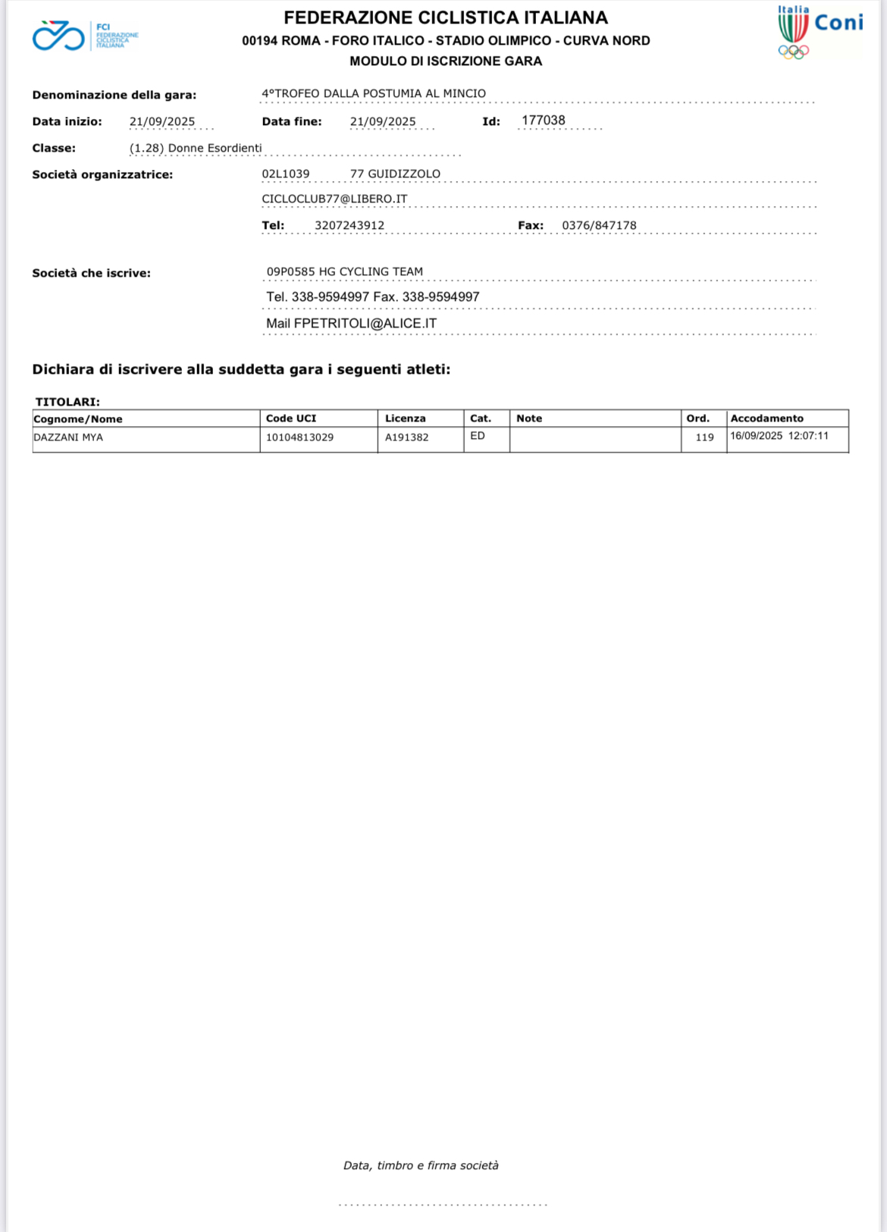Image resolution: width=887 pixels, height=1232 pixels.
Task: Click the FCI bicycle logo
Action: coord(59,36)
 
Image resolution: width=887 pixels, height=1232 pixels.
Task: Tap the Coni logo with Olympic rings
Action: coord(819,32)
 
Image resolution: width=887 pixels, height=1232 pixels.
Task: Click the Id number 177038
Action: coord(543,121)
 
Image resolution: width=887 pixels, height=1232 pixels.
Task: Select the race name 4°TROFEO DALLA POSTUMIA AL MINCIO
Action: coord(374,93)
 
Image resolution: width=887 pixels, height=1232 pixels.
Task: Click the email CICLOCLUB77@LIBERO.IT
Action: coord(334,199)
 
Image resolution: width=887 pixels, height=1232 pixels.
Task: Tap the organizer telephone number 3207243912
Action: coord(349,225)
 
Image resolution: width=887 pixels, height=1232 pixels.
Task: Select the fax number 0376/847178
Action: coord(599,225)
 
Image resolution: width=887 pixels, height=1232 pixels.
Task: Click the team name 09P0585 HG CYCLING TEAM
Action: coord(345,271)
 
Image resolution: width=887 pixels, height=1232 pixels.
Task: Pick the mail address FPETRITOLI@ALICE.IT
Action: coord(365,323)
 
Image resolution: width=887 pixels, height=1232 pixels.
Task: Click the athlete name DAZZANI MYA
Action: coord(68,437)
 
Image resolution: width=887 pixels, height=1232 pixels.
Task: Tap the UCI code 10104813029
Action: coord(299,437)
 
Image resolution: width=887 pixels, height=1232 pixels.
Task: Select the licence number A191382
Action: coord(406,437)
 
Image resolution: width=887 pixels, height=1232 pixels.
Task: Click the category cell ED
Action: coord(478,436)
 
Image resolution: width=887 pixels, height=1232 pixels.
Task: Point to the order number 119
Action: coord(704,437)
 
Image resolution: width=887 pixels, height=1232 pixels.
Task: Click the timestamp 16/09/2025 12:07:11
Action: coord(779,436)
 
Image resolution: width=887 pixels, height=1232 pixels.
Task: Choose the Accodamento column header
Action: coord(766,419)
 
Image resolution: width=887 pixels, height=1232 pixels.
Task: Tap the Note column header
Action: coord(529,419)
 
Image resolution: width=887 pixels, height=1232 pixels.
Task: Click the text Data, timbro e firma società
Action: coord(421,1165)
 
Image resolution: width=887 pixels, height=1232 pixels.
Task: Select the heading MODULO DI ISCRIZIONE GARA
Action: coord(446,61)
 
